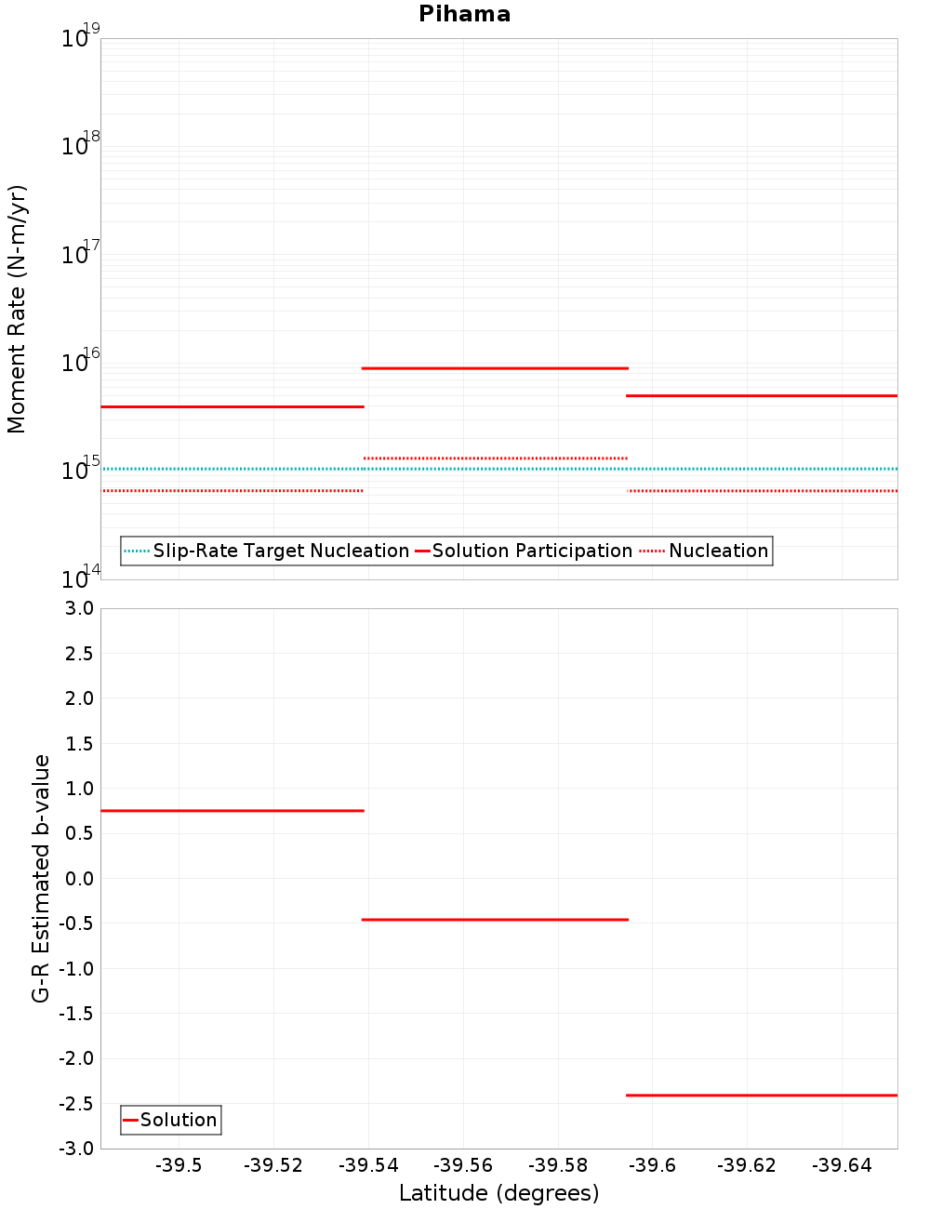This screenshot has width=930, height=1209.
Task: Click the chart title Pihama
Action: tap(464, 14)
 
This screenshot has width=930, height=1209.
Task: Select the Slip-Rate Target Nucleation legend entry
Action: tap(280, 551)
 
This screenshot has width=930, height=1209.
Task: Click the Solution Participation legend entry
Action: tap(532, 551)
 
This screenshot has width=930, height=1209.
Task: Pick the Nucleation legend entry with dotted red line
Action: tap(718, 551)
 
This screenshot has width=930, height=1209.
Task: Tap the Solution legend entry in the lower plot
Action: tap(178, 1120)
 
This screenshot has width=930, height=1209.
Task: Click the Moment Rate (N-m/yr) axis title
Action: tap(17, 309)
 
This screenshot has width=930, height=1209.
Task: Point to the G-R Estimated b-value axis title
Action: tap(41, 878)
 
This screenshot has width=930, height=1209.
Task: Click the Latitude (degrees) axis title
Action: tap(498, 1193)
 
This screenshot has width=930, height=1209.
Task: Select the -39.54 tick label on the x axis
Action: tap(368, 1166)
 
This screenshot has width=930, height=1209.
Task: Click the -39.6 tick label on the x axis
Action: tap(653, 1166)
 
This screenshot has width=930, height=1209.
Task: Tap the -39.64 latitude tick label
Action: tap(842, 1166)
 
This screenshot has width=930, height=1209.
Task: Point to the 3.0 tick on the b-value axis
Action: tap(78, 608)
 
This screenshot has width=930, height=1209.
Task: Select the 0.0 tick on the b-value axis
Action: tap(78, 879)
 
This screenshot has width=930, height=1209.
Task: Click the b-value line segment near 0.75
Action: tap(232, 811)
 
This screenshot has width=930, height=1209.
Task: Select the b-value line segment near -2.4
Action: tap(762, 1096)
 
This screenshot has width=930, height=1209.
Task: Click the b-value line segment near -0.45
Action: tap(495, 920)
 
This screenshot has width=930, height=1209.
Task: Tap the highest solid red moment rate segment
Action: tap(495, 368)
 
